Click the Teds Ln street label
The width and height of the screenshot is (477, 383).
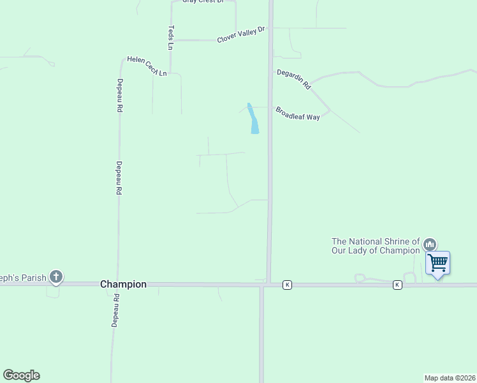coord(171,38)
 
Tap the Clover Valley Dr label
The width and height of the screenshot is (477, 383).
coord(240,35)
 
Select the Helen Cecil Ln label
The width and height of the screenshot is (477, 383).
coord(147,66)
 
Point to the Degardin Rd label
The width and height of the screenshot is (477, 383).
coord(293,79)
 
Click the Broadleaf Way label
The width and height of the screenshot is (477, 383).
coord(298,114)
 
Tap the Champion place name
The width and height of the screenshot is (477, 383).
coord(123,285)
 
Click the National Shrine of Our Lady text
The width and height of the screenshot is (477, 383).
coord(376,246)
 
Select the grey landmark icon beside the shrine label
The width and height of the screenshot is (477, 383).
coord(430,244)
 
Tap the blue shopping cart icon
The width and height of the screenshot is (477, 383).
coord(438,262)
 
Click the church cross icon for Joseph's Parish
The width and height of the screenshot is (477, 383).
coord(56,277)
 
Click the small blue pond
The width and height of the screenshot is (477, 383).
coord(253,119)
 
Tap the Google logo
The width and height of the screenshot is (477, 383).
coord(21,375)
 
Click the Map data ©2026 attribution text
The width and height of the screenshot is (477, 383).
coord(450,377)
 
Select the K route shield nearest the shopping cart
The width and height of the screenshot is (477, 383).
coord(397,285)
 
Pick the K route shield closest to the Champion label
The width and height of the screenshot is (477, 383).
coord(287,285)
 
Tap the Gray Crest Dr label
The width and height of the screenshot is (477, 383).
coord(203,2)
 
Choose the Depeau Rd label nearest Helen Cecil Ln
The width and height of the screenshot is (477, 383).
coord(119,95)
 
